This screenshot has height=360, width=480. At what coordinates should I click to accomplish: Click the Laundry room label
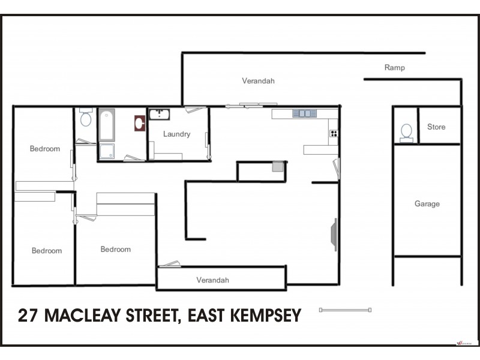tap(176, 134)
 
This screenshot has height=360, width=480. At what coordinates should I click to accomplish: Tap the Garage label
tap(427, 204)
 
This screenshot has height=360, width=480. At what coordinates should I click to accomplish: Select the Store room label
tap(436, 127)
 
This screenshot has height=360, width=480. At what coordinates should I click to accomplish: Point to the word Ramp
tap(394, 68)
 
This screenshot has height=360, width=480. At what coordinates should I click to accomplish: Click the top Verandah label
tap(258, 81)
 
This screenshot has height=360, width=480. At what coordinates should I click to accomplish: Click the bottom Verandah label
tap(212, 280)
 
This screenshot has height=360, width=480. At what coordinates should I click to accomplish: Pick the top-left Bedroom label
tap(45, 149)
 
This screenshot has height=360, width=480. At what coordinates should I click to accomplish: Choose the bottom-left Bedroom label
tap(47, 251)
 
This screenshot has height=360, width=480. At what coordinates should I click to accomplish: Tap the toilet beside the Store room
tap(406, 132)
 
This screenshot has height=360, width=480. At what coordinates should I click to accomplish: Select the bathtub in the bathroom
tap(107, 124)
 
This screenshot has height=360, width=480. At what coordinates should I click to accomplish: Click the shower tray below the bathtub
tap(107, 151)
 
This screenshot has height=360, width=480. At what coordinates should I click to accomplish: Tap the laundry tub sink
tap(159, 114)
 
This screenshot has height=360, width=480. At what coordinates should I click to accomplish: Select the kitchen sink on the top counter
tap(304, 113)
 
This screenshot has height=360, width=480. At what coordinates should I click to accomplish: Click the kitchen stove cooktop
tap(333, 133)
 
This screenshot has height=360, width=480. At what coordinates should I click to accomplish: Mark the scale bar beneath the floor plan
tap(346, 310)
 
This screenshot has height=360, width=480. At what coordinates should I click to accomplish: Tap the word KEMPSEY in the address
tap(266, 316)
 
